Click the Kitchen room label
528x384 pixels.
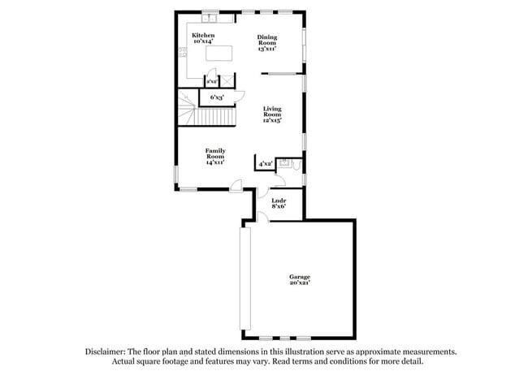(203, 36)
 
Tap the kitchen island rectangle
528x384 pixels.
(219, 54)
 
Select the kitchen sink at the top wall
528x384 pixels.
(209, 16)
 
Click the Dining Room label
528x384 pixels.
(267, 40)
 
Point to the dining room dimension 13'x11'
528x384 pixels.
(267, 49)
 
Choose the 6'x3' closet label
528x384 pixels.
(217, 98)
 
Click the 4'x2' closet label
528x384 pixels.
(265, 164)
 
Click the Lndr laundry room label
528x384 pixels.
(278, 200)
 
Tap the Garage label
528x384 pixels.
(300, 277)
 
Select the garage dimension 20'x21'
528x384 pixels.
(300, 283)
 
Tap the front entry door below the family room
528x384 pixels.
(235, 188)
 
